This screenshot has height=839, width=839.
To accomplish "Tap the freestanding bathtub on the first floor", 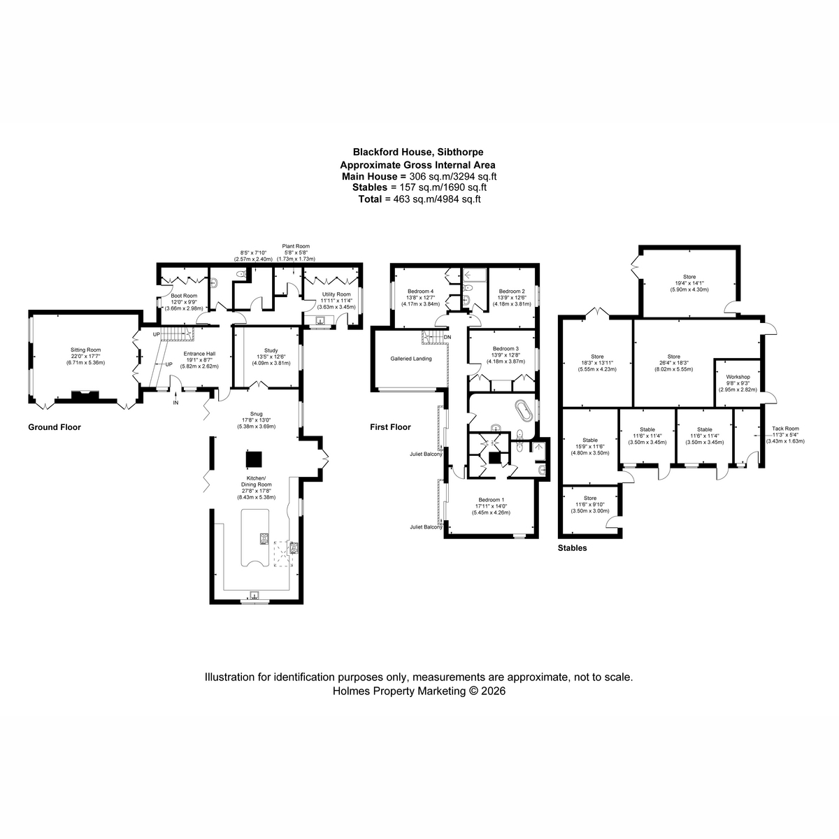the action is coord(524,410).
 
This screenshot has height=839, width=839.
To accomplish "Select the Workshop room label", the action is coord(738,377).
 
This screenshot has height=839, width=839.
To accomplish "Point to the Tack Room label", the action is coord(785,429).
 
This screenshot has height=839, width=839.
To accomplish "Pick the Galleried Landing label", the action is coord(411,359).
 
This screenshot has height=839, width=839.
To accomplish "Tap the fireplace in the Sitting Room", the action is coord(85,395).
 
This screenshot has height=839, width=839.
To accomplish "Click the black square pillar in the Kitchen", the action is coord(254,459).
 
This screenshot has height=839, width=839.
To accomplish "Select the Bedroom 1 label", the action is coord(491,500).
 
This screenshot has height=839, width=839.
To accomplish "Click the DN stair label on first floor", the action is coord(447,338).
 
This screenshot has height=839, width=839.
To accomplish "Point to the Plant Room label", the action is coord(296,246).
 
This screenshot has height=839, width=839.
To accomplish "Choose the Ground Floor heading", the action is coord(55,427).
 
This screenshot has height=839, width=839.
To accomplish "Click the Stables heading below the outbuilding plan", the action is coord(572,548).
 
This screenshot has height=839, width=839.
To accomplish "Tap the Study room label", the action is coord(271,350).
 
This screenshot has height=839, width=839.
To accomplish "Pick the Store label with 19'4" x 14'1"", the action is coord(689,277).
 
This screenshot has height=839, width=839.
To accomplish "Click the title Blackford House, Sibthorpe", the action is coord(418,152).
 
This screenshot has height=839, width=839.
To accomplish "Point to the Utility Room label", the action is coord(336,294).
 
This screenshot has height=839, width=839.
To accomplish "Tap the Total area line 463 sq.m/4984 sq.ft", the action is coord(419,199).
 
